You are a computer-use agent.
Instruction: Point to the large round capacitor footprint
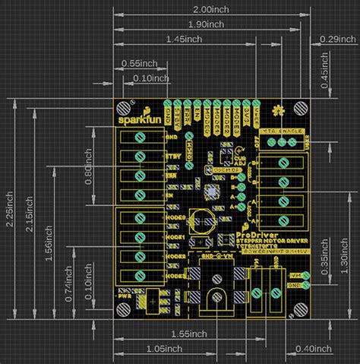[202, 220]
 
